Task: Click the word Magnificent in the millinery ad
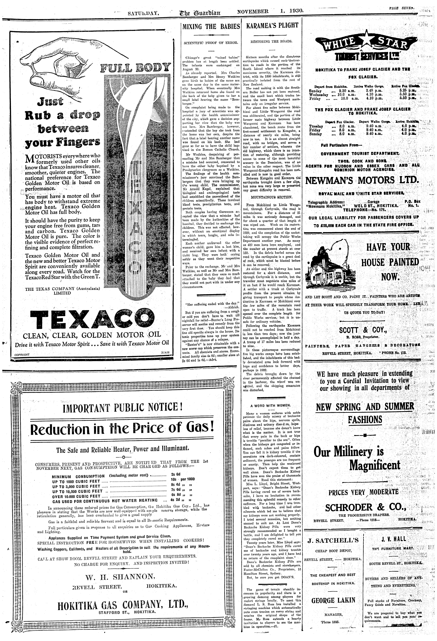coord(374,465)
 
